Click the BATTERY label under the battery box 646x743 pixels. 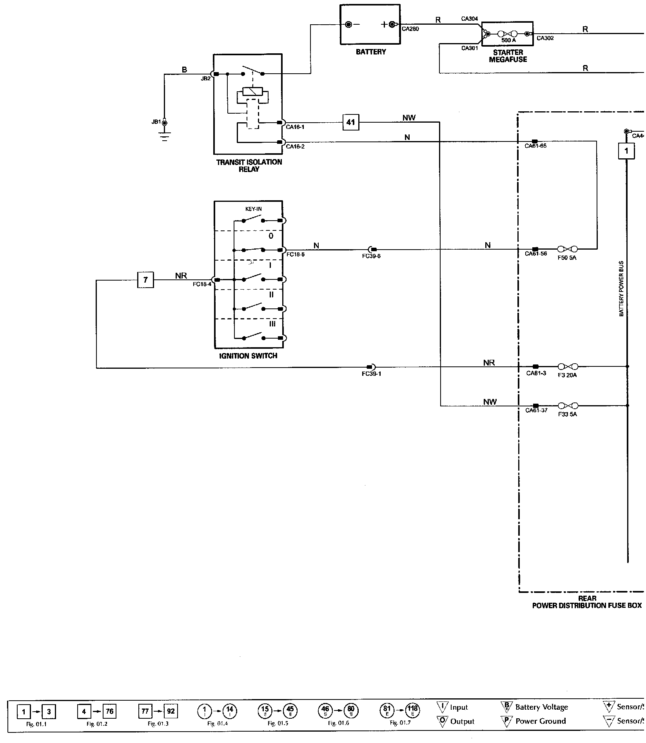click(x=370, y=52)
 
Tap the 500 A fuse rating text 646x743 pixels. click(x=508, y=40)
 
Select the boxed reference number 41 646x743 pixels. click(x=350, y=122)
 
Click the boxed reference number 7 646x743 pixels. click(x=145, y=280)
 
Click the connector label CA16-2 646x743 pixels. click(x=295, y=147)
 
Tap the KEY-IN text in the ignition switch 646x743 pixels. click(x=253, y=209)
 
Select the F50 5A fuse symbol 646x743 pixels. click(x=567, y=249)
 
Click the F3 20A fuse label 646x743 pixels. click(x=567, y=375)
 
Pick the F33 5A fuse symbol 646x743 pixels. click(x=567, y=406)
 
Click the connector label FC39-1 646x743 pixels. click(x=371, y=374)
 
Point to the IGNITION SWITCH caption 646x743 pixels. click(x=248, y=356)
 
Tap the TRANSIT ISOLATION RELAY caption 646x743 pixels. click(x=249, y=165)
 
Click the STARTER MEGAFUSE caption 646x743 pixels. click(x=508, y=56)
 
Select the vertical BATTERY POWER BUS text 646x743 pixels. click(x=621, y=288)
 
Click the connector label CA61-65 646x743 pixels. click(x=535, y=146)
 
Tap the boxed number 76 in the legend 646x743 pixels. click(x=109, y=711)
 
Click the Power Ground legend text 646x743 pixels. click(x=541, y=721)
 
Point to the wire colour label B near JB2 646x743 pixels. click(x=184, y=70)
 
